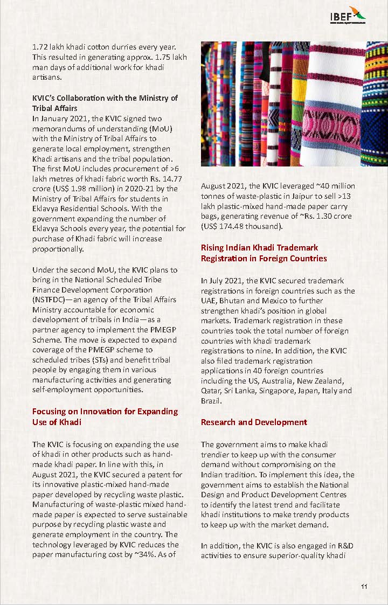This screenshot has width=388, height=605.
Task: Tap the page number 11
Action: (364, 587)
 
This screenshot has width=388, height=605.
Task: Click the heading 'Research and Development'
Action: (254, 422)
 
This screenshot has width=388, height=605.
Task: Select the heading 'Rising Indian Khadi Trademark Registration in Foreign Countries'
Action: (264, 253)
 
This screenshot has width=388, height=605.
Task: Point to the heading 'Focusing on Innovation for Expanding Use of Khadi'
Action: (105, 416)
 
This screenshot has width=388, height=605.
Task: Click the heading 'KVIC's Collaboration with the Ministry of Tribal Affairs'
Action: (105, 103)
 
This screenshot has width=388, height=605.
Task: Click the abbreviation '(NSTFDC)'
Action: (51, 300)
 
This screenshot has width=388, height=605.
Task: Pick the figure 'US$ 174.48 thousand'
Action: (241, 226)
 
